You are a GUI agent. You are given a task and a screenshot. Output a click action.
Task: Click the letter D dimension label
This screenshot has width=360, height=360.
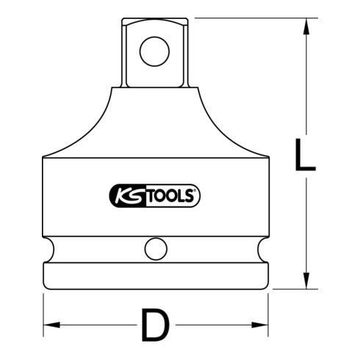pyautogui.click(x=153, y=325)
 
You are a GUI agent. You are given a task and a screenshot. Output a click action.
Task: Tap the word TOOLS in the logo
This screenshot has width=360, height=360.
pyautogui.click(x=170, y=196)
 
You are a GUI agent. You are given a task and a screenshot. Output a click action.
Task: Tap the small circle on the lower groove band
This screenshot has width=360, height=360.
pyautogui.click(x=154, y=248)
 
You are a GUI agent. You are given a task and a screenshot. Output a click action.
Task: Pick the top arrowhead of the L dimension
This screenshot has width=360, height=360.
pyautogui.click(x=303, y=26)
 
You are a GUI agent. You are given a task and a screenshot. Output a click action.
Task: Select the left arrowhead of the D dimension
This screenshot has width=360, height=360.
pyautogui.click(x=50, y=324)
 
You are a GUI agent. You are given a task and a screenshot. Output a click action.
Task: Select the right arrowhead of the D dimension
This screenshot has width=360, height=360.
pyautogui.click(x=261, y=324)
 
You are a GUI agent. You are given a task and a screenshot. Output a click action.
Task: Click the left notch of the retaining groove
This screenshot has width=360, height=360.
pyautogui.click(x=48, y=248)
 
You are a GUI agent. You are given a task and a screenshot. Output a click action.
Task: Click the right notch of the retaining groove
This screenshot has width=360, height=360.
pyautogui.click(x=263, y=248)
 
